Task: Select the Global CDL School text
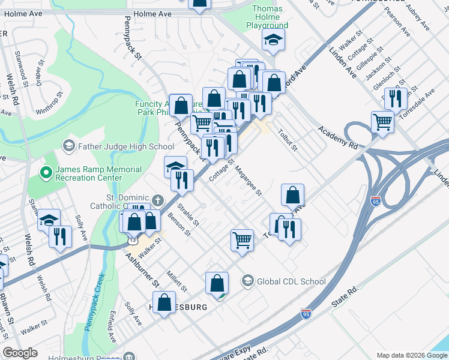click(291, 281)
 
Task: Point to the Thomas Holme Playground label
click(267, 17)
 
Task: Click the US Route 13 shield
click(130, 240)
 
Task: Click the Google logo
click(20, 353)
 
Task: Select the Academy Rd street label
click(337, 137)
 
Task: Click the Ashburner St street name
click(142, 269)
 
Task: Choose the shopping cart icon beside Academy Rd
click(382, 122)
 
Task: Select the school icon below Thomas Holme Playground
click(273, 40)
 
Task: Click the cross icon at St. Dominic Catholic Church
click(158, 200)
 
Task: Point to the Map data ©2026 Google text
click(411, 355)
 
